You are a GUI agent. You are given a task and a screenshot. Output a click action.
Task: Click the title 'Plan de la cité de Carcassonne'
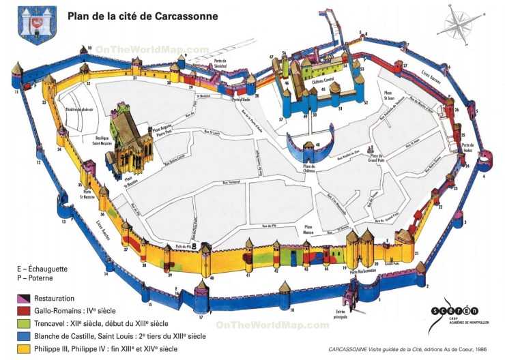[143, 15]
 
